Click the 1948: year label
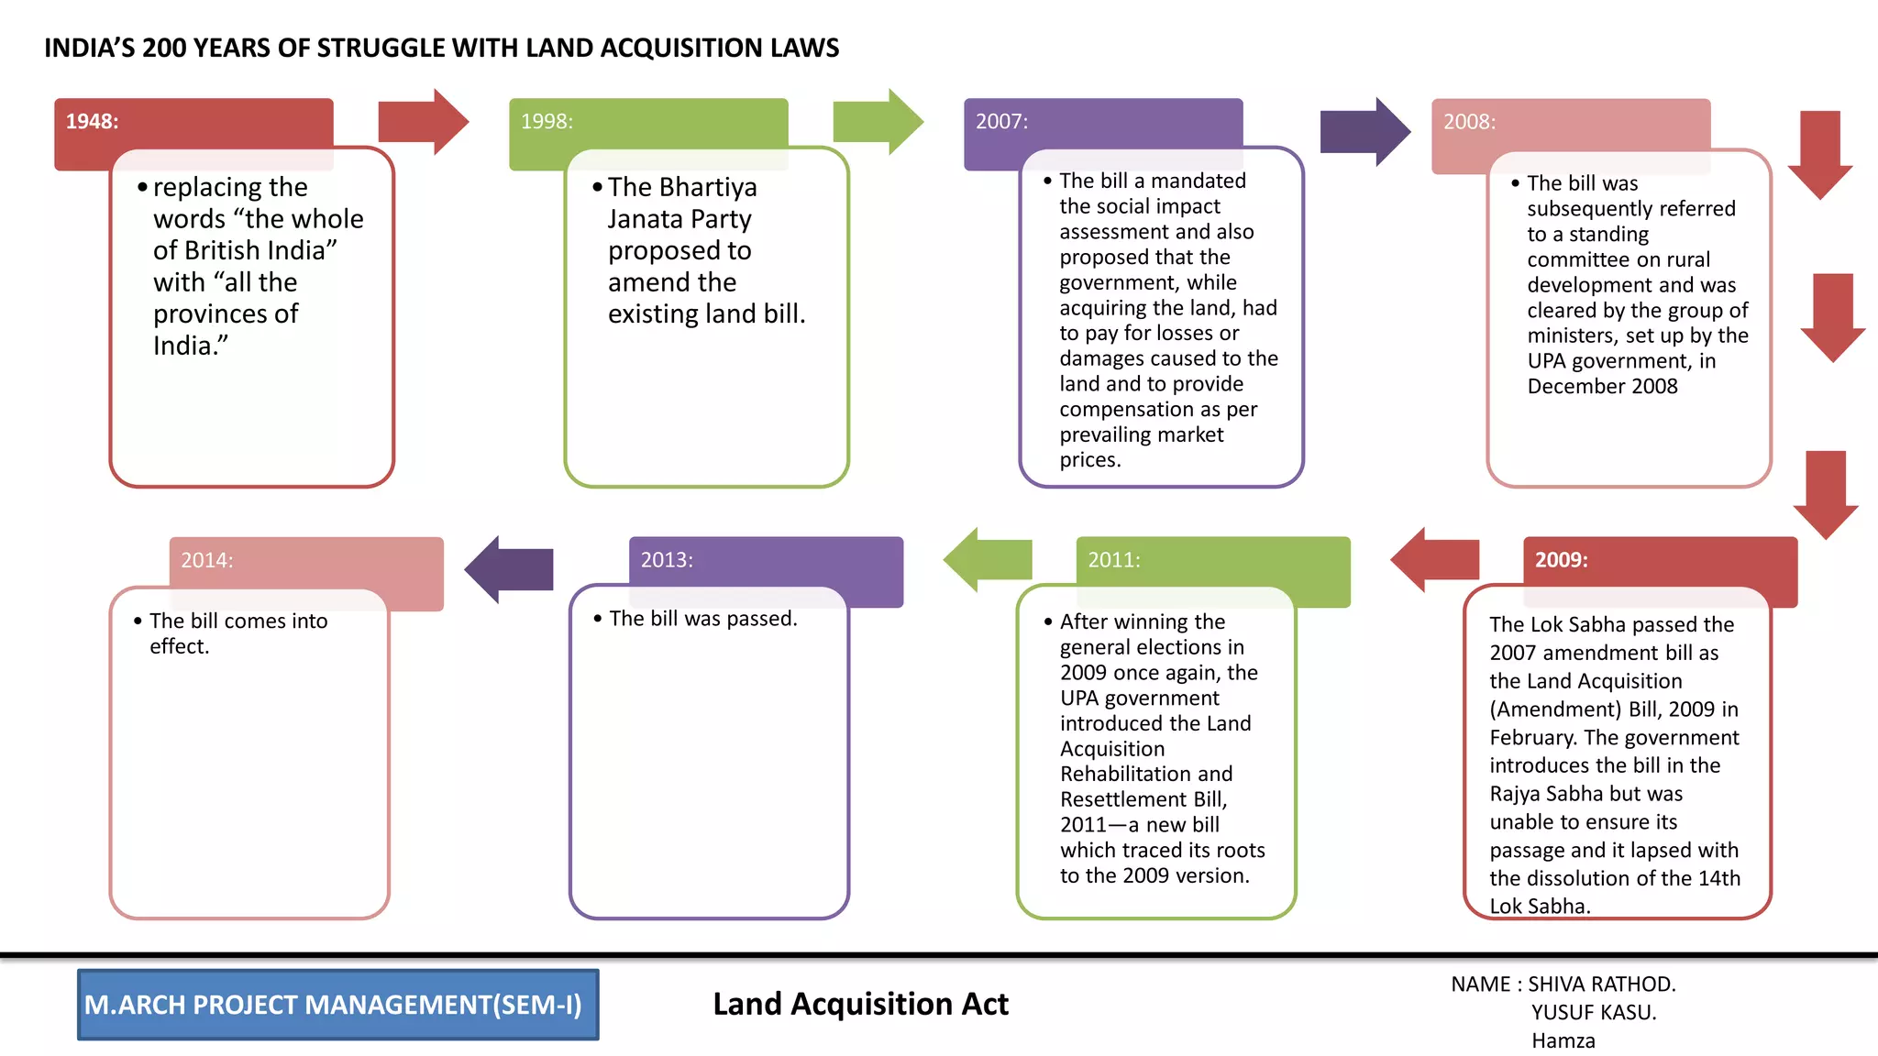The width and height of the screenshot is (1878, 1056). (92, 122)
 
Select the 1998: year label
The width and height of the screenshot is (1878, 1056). (547, 122)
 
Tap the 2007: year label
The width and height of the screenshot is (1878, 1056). (1001, 122)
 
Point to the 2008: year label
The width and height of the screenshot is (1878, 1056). (1469, 122)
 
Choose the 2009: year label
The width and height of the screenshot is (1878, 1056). (1561, 560)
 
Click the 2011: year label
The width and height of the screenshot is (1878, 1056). (1113, 560)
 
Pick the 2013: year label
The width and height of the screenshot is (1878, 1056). (667, 560)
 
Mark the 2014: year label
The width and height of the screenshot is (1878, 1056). (206, 560)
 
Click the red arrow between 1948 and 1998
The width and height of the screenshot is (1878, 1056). (423, 122)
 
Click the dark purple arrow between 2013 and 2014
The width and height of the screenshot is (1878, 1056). (510, 569)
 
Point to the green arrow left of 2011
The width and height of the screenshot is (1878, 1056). (989, 559)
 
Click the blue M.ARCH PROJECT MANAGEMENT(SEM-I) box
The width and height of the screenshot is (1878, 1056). (337, 1005)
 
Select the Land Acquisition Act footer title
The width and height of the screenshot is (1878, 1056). (860, 1005)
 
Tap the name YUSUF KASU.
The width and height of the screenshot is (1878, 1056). (1593, 1013)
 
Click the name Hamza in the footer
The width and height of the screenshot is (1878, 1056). (1563, 1041)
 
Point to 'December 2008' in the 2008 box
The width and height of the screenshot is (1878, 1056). (1602, 387)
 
